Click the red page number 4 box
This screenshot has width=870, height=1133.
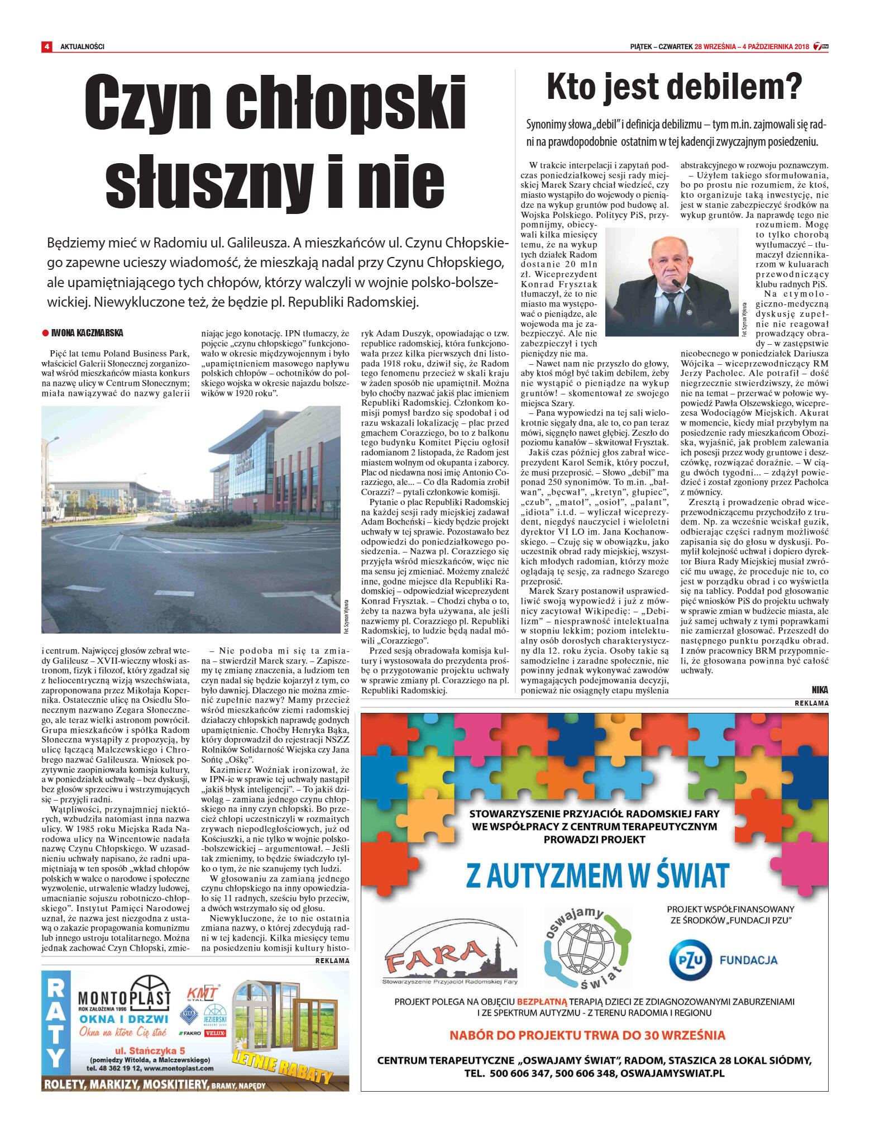(x=46, y=46)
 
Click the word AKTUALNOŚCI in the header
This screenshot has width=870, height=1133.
(x=82, y=46)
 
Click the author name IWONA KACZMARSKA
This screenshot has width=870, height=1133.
(x=87, y=333)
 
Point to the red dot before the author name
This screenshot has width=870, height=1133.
(x=46, y=333)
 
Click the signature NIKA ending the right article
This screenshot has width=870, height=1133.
(x=820, y=690)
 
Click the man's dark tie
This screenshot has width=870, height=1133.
(x=671, y=306)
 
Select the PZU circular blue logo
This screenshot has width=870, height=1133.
(x=690, y=960)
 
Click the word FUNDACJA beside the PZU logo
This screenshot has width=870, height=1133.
(x=748, y=960)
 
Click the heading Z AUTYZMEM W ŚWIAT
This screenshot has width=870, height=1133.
(x=597, y=876)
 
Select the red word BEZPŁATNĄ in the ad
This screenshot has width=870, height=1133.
(x=542, y=1002)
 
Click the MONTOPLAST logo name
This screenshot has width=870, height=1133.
(x=124, y=998)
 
